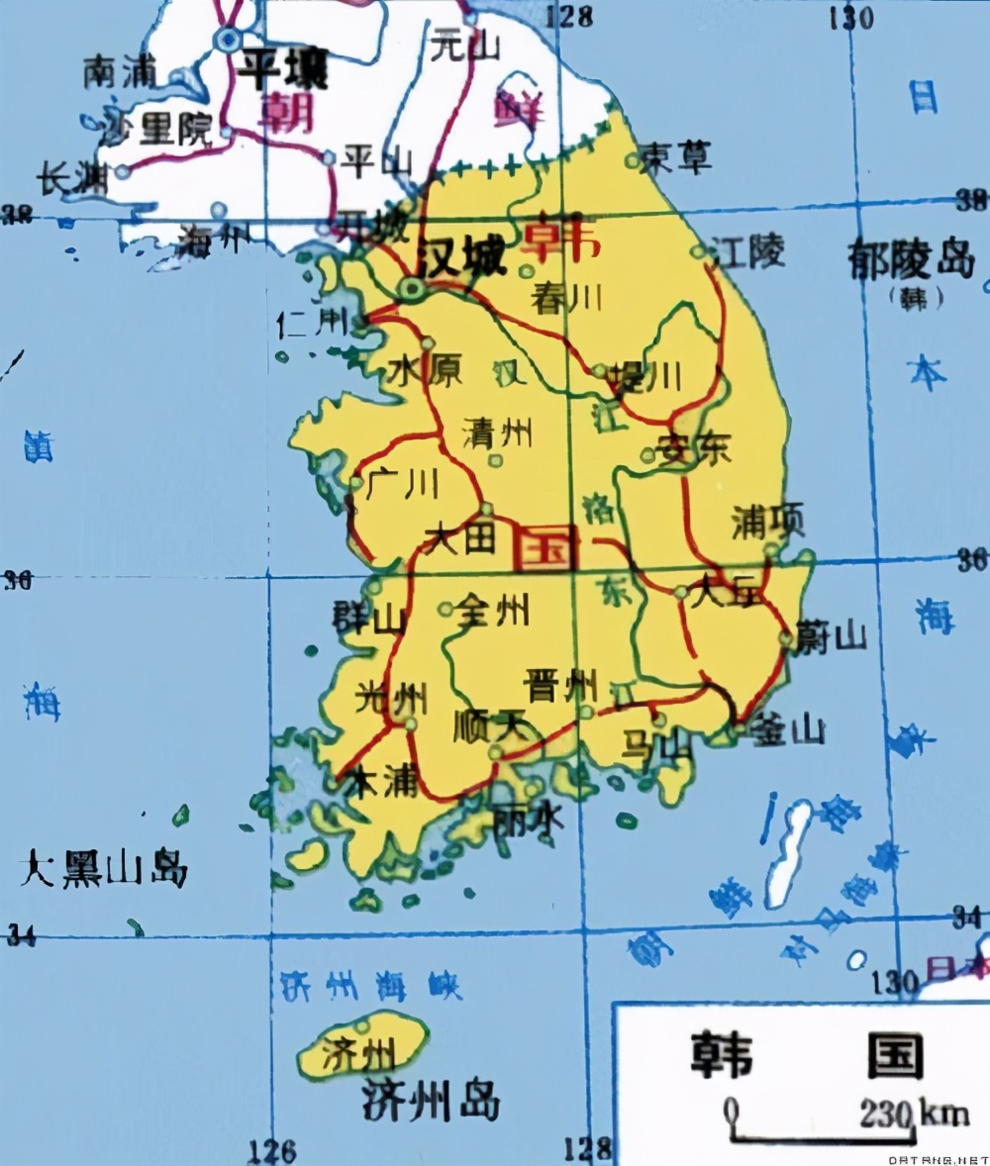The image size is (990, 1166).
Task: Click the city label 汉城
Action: pyautogui.click(x=460, y=259)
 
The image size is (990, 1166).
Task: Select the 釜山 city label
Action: pyautogui.click(x=787, y=730)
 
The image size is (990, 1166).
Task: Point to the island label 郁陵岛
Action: pyautogui.click(x=911, y=259)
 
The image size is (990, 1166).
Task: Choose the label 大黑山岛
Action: pyautogui.click(x=103, y=869)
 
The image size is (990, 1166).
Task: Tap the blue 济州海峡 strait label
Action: pyautogui.click(x=371, y=985)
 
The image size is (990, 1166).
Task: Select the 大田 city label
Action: pyautogui.click(x=457, y=539)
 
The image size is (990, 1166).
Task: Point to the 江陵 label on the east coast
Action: pyautogui.click(x=750, y=253)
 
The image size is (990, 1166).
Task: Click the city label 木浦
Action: pyautogui.click(x=379, y=782)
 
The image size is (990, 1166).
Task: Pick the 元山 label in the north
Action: pyautogui.click(x=466, y=46)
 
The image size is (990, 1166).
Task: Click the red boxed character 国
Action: pyautogui.click(x=544, y=546)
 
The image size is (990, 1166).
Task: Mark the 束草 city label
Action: pyautogui.click(x=677, y=157)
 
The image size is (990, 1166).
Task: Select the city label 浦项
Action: pyautogui.click(x=768, y=521)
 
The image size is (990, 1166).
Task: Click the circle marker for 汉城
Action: pyautogui.click(x=411, y=288)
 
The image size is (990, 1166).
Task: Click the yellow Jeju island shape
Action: pyautogui.click(x=362, y=1044)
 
